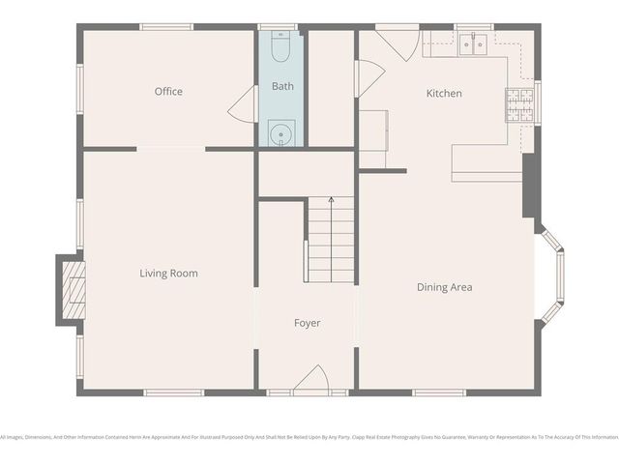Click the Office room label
point(168,92)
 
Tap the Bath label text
point(282,86)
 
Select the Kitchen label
point(444,94)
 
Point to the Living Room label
point(168,274)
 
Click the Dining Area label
point(444,287)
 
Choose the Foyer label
point(307,323)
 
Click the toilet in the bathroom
point(281,45)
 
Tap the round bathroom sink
point(281,133)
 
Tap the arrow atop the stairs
point(331,200)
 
